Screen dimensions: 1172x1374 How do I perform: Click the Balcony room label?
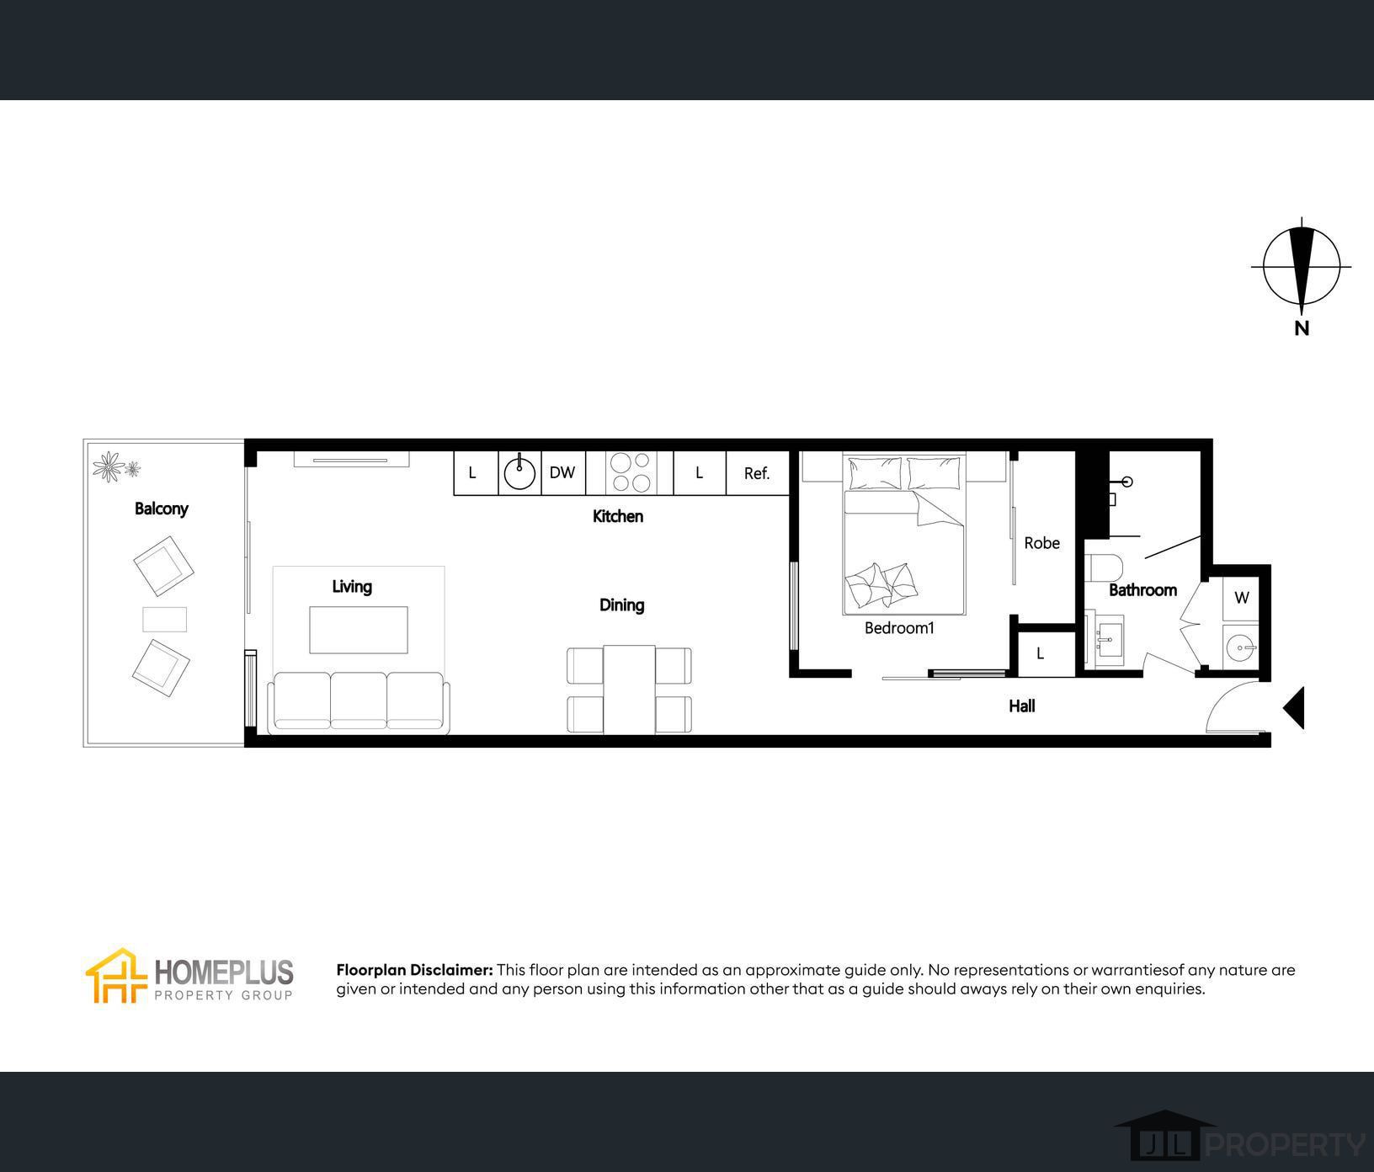[x=161, y=509]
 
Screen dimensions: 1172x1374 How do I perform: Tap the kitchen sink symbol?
[x=519, y=473]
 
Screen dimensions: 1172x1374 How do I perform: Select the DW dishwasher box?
[x=562, y=473]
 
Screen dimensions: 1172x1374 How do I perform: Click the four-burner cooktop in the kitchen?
[x=631, y=472]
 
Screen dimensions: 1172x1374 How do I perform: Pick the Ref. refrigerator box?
[x=757, y=473]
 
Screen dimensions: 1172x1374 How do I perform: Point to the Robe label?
[x=1041, y=543]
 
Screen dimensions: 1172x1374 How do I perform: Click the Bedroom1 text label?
[x=899, y=628]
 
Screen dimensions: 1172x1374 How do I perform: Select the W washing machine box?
[x=1241, y=598]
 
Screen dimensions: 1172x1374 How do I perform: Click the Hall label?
[x=1021, y=706]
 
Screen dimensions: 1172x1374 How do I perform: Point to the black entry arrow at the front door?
[x=1294, y=707]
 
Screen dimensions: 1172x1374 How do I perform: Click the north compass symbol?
[x=1301, y=267]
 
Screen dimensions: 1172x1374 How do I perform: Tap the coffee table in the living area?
[x=359, y=630]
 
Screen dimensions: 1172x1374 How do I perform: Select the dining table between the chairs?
[x=629, y=689]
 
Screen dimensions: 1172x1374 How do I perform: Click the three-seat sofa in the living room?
[x=359, y=701]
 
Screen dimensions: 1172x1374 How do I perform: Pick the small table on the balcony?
[x=164, y=620]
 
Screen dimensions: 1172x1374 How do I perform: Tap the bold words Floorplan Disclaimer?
[x=414, y=970]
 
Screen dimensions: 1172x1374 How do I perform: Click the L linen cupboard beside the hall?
[x=1041, y=653]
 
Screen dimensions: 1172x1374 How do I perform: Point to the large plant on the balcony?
[x=108, y=466]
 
